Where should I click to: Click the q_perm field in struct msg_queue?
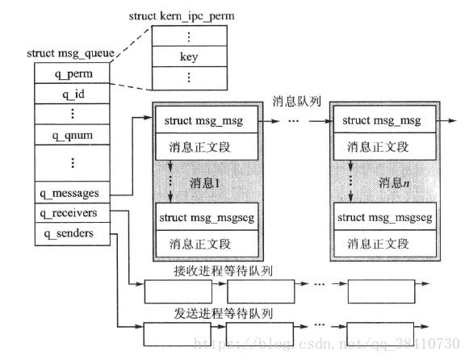click(72, 73)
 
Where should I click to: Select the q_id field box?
click(72, 94)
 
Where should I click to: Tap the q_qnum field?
click(72, 135)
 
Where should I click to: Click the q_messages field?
click(72, 193)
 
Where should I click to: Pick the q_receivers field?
click(72, 213)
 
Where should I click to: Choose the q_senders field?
click(72, 234)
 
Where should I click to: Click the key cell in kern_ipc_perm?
click(190, 57)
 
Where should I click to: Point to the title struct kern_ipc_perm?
click(182, 16)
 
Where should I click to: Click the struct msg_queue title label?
click(70, 53)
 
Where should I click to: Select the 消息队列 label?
click(297, 102)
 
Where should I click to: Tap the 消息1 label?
click(205, 183)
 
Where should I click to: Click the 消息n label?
click(394, 182)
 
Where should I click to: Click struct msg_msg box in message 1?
click(207, 120)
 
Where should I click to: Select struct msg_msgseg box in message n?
click(385, 217)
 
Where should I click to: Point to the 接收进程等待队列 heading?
click(223, 271)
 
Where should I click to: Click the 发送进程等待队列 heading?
click(223, 314)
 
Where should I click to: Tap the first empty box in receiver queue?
click(178, 291)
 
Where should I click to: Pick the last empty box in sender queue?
click(380, 334)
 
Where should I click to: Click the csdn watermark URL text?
click(327, 343)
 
